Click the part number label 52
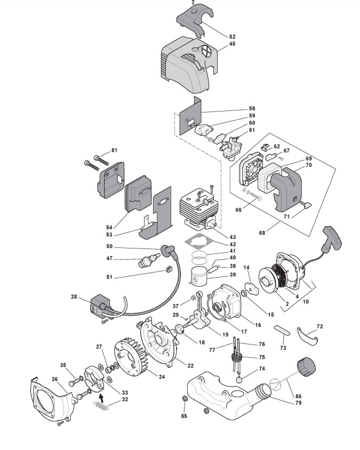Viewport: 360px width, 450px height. [232, 37]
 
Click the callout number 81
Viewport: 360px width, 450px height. [114, 150]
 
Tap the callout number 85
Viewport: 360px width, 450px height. [184, 416]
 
